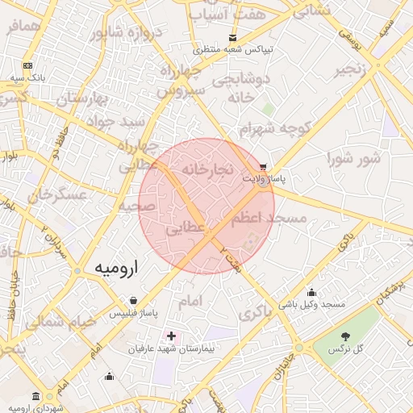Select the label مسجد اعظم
point(269,219)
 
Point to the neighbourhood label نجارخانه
point(208,170)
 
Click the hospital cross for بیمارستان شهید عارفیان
point(171,335)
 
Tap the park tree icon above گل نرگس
point(346,336)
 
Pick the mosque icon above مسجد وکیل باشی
point(312,293)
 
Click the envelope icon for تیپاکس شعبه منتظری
point(233,37)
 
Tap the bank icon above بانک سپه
point(28,65)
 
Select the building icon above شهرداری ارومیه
point(35,395)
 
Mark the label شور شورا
point(353,158)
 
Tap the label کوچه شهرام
point(274,129)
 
